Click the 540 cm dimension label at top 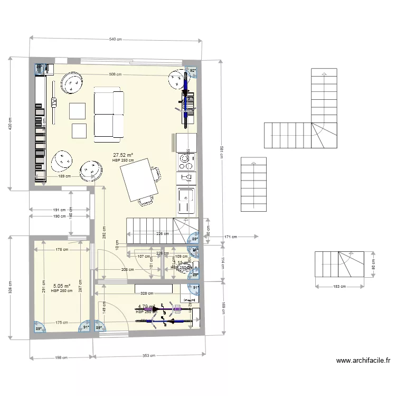pyautogui.click(x=115, y=39)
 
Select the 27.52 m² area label pyautogui.click(x=123, y=156)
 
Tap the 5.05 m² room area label pyautogui.click(x=61, y=286)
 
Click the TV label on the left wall pyautogui.click(x=54, y=101)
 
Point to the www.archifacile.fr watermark pyautogui.click(x=363, y=361)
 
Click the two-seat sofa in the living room pyautogui.click(x=109, y=115)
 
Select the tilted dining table pyautogui.click(x=139, y=181)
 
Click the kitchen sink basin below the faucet pyautogui.click(x=186, y=201)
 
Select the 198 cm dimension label pyautogui.click(x=62, y=357)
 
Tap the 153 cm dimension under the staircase pyautogui.click(x=340, y=287)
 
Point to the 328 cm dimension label pyautogui.click(x=146, y=293)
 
